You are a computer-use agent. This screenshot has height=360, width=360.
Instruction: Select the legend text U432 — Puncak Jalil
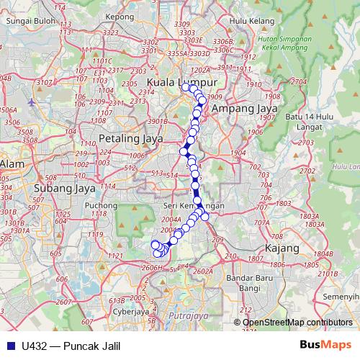pos(71,345)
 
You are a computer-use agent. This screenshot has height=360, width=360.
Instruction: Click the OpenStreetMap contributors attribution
pos(297,322)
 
